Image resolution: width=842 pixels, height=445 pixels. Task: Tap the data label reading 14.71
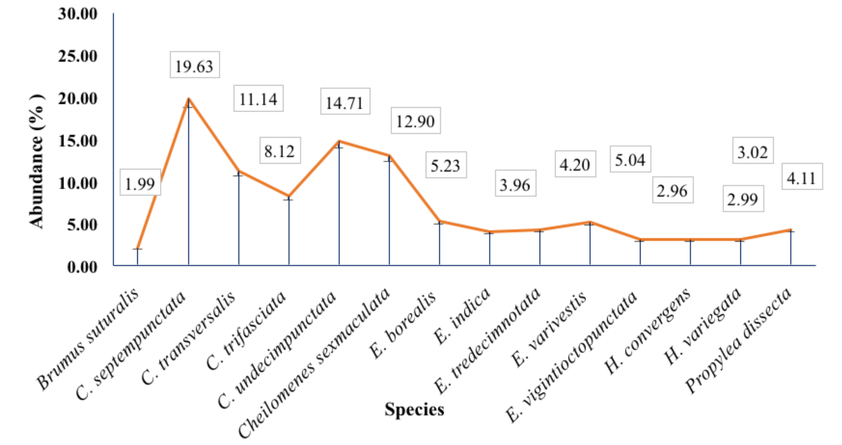345,101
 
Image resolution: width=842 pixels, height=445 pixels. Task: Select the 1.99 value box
140,182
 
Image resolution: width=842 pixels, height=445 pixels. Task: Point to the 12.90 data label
415,121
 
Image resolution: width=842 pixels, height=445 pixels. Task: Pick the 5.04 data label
630,159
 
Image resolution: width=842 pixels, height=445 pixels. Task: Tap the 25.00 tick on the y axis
78,56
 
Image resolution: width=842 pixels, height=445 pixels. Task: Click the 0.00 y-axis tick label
82,267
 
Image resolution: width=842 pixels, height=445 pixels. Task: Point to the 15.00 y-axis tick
78,141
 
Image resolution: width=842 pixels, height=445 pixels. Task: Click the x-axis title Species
414,409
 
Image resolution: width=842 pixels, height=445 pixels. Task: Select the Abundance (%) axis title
36,161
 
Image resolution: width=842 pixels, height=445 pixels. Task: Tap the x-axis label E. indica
462,315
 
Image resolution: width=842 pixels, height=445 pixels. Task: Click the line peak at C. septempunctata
189,99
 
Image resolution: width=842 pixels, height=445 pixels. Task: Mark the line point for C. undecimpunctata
339,141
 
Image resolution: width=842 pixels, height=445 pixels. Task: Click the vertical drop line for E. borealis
440,243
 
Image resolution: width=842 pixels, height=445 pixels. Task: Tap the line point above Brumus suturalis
138,249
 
